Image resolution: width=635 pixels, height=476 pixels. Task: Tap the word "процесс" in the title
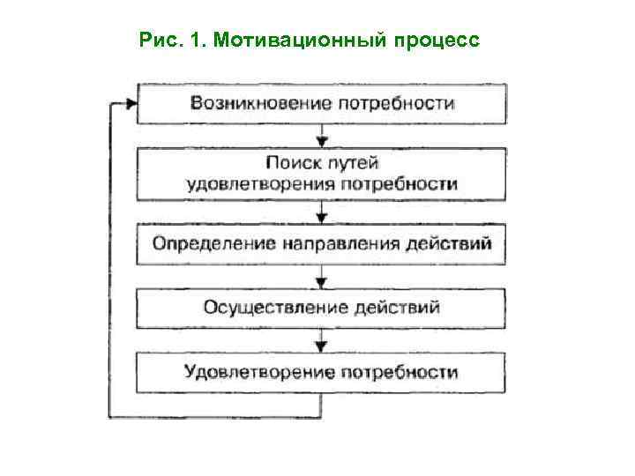click(x=437, y=41)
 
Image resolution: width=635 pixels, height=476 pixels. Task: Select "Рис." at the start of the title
click(x=158, y=41)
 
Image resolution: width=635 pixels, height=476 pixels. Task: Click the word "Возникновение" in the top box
click(x=260, y=104)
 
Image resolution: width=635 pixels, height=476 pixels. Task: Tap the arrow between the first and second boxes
click(x=322, y=138)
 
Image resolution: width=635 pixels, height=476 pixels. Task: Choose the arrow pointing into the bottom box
click(x=322, y=344)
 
